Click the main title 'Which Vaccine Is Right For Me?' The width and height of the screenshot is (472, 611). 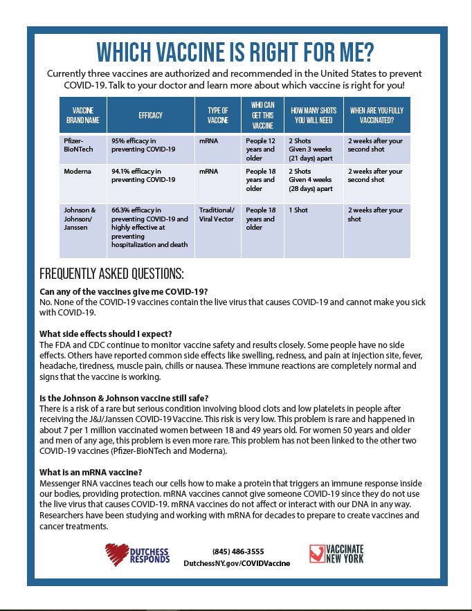[235, 52]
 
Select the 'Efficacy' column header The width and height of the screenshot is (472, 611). [150, 115]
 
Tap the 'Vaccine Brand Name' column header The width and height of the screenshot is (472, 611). [82, 115]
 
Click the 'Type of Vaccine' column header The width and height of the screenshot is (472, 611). [217, 115]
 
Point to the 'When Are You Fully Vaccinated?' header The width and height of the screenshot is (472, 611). [376, 115]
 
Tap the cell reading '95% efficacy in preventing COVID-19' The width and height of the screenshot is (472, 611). [143, 145]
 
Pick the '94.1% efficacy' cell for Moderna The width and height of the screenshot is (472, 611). [143, 176]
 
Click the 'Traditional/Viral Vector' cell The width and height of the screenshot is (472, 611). [217, 215]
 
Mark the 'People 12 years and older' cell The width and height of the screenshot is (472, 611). [261, 149]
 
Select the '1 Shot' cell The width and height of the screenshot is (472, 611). [298, 210]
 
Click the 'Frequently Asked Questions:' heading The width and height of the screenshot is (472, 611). [111, 273]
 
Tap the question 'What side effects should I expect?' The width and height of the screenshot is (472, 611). [106, 334]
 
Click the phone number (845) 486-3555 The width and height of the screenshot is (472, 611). [237, 551]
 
